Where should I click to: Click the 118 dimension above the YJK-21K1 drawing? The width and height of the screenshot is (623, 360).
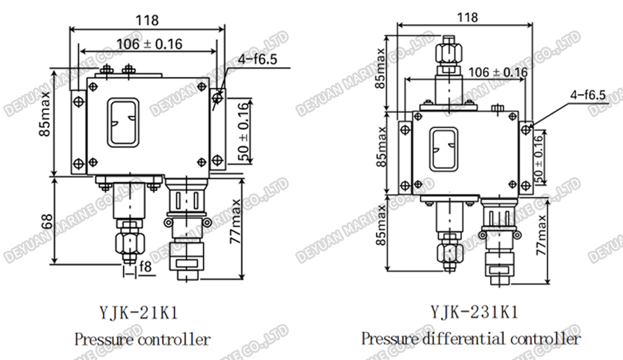(x=147, y=21)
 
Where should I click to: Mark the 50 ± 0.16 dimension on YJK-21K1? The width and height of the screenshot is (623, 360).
(x=242, y=131)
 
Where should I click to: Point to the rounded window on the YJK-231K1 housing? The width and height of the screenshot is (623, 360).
(x=443, y=150)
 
